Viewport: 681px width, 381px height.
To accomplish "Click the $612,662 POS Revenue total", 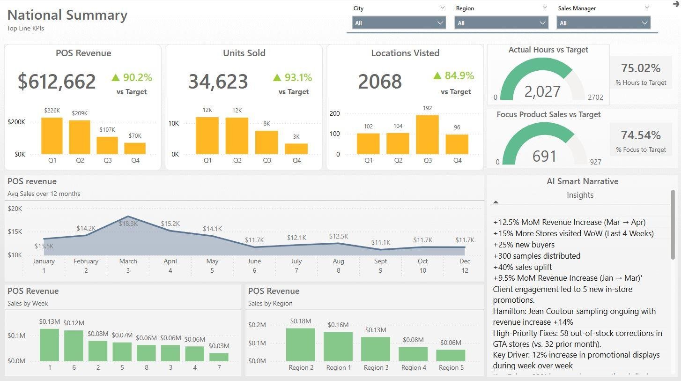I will [57, 82].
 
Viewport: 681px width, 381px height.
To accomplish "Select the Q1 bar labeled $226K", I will [52, 135].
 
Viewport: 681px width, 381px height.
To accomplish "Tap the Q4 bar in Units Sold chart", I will [296, 149].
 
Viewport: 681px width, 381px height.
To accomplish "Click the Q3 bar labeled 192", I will [427, 134].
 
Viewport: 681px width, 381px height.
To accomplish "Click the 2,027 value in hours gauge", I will [542, 91].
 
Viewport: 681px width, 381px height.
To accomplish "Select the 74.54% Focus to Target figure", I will [641, 135].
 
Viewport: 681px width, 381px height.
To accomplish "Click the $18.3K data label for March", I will [128, 224].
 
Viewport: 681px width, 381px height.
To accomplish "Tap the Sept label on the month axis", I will [380, 261].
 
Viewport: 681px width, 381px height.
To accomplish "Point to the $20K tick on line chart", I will [15, 209].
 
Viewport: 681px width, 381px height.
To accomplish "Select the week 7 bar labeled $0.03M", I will [219, 357].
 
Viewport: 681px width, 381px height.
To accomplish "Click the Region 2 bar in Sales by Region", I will [300, 344].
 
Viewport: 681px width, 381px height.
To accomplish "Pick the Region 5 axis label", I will [451, 367].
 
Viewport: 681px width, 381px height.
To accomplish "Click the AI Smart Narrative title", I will [582, 181].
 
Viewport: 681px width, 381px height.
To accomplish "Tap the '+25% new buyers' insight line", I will [524, 245].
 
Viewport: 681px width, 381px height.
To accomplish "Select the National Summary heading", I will [67, 15].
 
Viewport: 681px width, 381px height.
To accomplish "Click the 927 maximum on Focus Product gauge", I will [595, 162].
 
